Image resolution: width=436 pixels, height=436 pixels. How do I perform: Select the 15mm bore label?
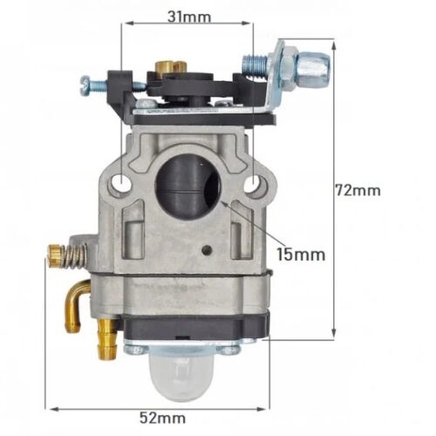tap(301, 255)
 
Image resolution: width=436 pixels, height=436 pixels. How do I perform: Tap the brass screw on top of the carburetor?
tap(164, 67)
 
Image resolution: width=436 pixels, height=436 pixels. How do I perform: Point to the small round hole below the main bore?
tap(205, 251)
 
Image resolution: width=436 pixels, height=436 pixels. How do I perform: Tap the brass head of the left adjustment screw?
tap(54, 254)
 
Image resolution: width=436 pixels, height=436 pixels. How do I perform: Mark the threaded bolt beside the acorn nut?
tap(255, 62)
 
